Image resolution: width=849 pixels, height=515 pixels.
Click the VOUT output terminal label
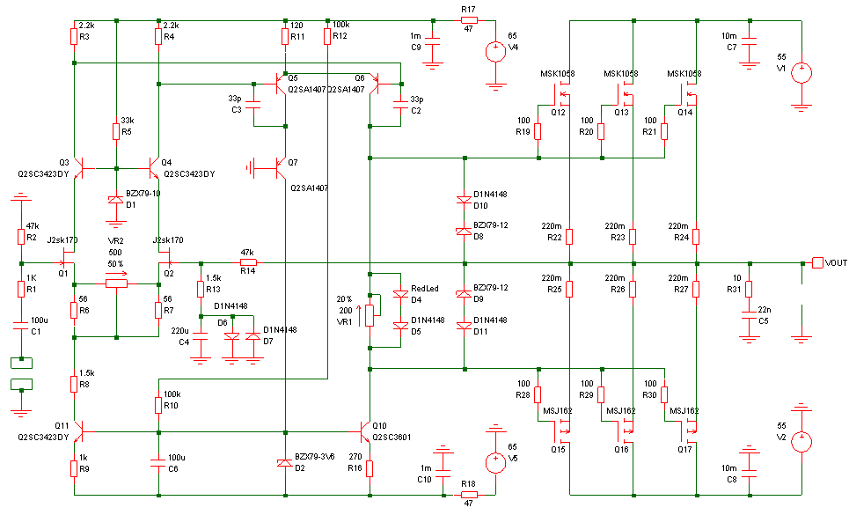pyautogui.click(x=836, y=263)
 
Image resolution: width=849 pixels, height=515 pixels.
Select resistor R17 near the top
pyautogui.click(x=469, y=20)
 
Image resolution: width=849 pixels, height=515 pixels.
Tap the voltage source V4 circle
pyautogui.click(x=495, y=52)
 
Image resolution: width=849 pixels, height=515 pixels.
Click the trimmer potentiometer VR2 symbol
pyautogui.click(x=116, y=283)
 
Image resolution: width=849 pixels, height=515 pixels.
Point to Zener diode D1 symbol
pyautogui.click(x=116, y=200)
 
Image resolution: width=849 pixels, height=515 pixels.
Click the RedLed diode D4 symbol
pyautogui.click(x=400, y=294)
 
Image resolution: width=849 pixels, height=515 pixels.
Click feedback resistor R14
pyautogui.click(x=247, y=263)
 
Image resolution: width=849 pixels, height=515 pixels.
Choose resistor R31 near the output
pyautogui.click(x=749, y=289)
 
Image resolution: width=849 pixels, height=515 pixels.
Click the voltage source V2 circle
pyautogui.click(x=801, y=441)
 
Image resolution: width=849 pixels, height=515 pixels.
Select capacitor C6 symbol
pyautogui.click(x=158, y=463)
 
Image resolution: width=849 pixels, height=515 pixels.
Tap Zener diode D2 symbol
pyautogui.click(x=285, y=463)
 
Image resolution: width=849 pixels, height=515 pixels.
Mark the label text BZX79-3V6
pyautogui.click(x=315, y=457)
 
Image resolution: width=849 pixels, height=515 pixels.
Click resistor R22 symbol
pyautogui.click(x=569, y=237)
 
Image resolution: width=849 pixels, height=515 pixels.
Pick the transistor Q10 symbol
pyautogui.click(x=365, y=431)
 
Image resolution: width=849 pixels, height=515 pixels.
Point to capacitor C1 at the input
pyautogui.click(x=20, y=327)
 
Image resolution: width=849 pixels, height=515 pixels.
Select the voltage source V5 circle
pyautogui.click(x=495, y=463)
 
